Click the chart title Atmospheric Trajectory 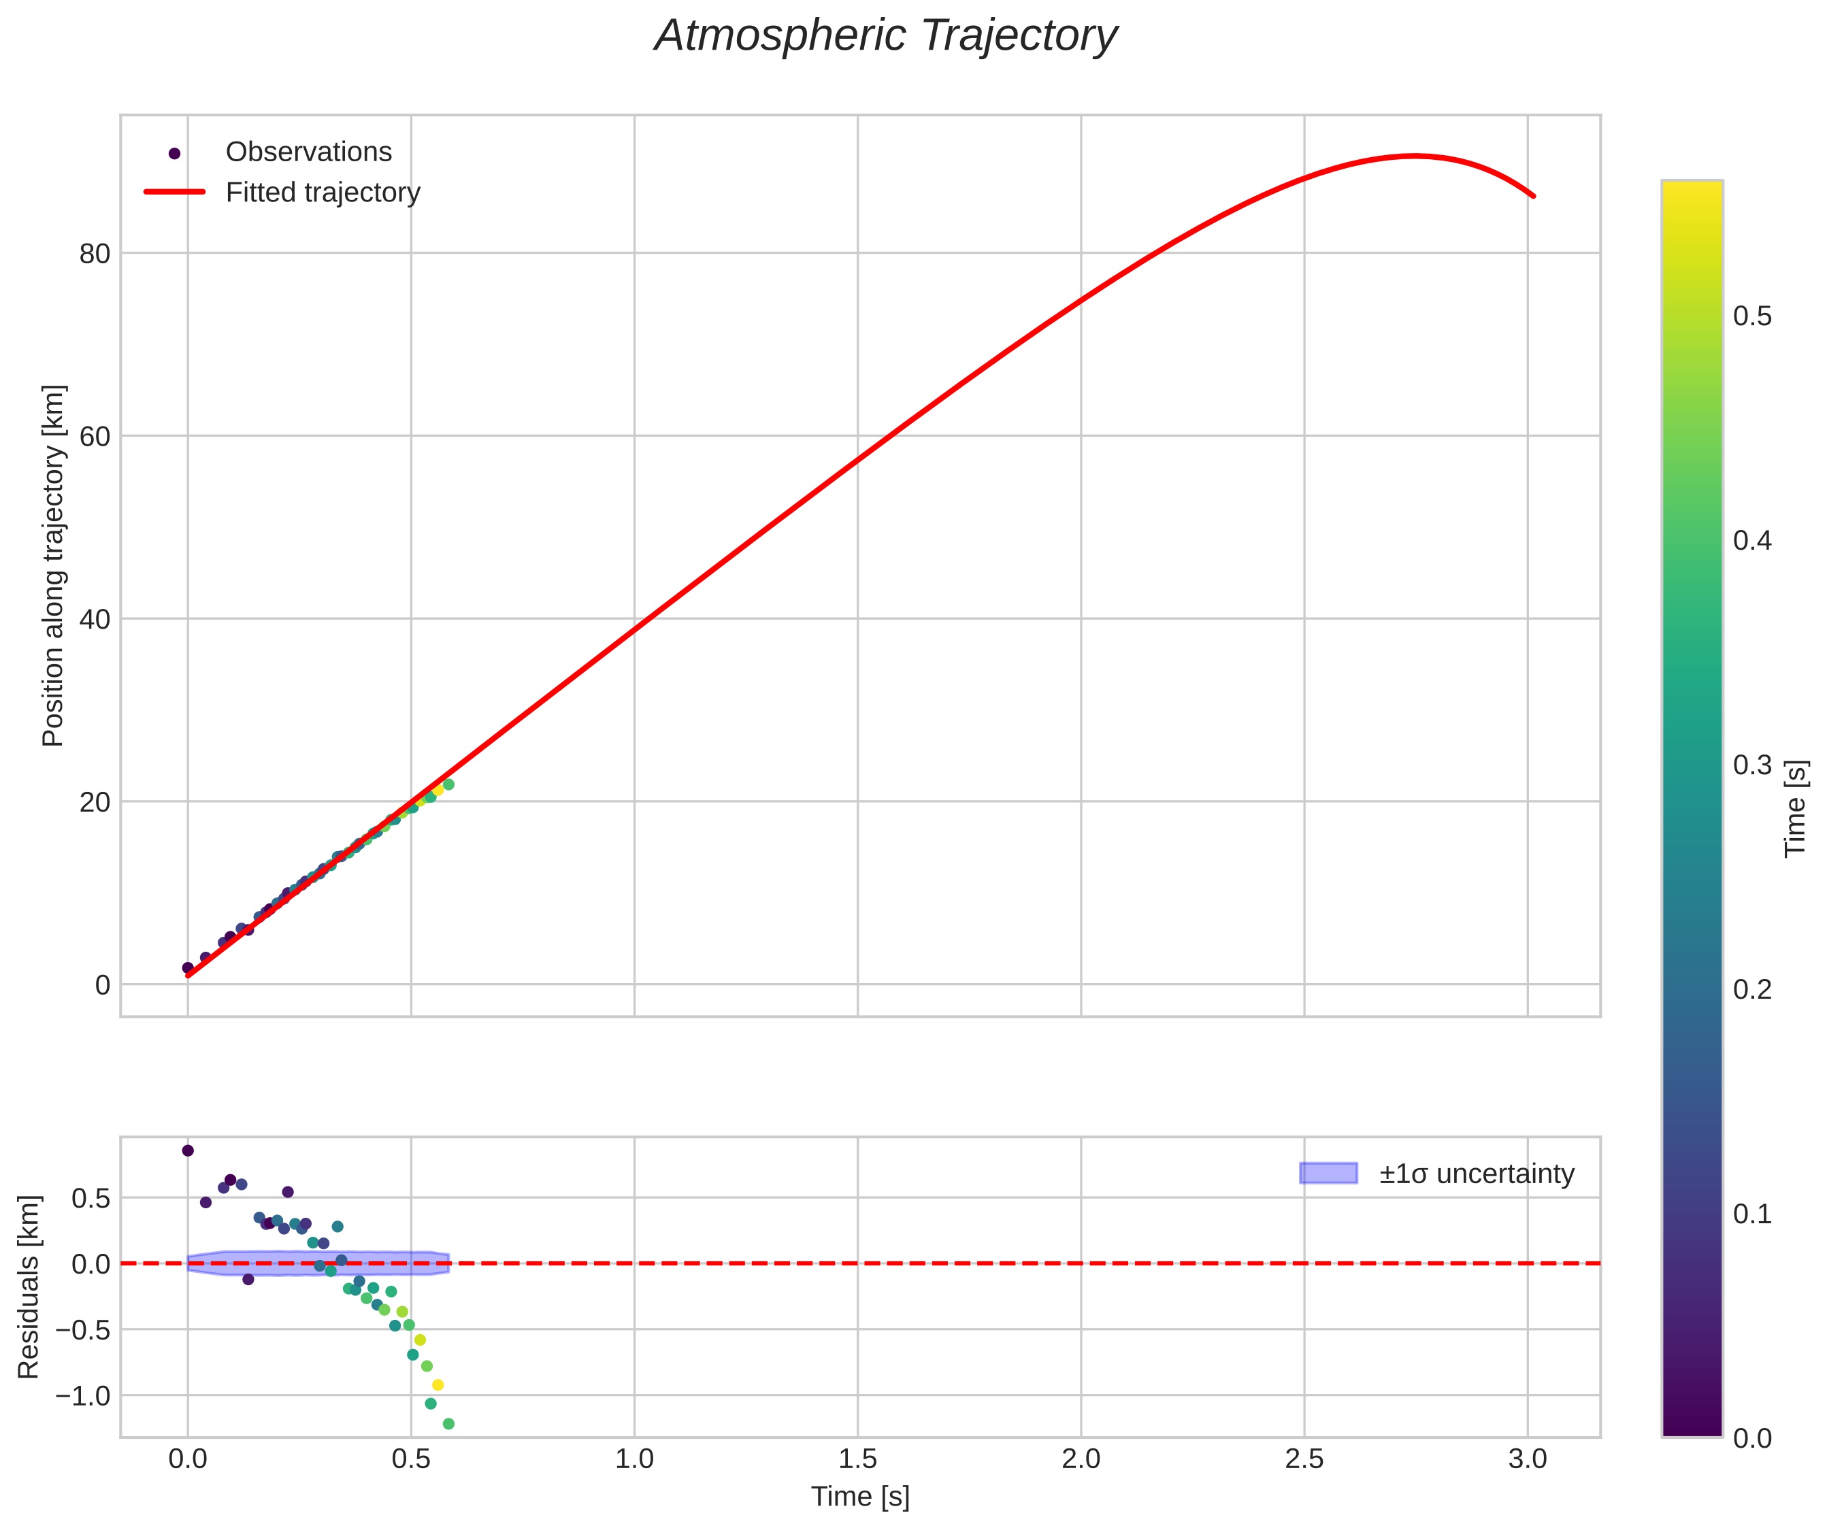[x=886, y=37]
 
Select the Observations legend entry [x=308, y=152]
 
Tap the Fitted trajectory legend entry [x=322, y=193]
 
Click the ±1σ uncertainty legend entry [x=1477, y=1174]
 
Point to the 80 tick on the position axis [x=95, y=254]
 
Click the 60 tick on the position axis [x=95, y=437]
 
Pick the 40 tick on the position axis [x=95, y=620]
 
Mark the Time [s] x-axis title [x=859, y=1497]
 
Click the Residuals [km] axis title [x=29, y=1287]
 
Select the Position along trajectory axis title [x=53, y=565]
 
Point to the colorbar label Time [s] [x=1796, y=809]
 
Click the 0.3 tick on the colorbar [x=1752, y=765]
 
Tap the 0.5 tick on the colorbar [x=1752, y=316]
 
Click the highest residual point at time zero [x=188, y=1150]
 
